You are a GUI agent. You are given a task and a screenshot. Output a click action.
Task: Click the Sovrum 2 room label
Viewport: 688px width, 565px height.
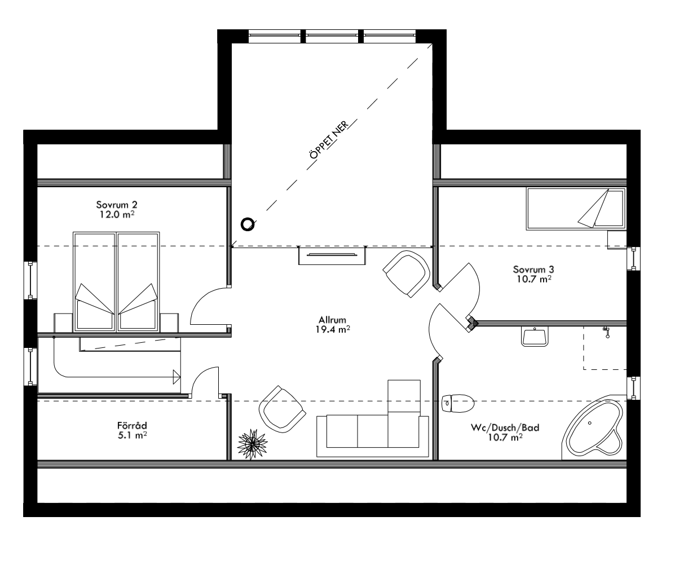(x=117, y=204)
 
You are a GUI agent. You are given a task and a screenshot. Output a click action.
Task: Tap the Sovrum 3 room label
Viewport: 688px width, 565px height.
(x=532, y=269)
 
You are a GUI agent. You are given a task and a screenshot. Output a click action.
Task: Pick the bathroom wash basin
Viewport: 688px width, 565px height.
(x=534, y=337)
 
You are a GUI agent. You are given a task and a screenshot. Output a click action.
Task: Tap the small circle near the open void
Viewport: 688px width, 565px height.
(x=248, y=224)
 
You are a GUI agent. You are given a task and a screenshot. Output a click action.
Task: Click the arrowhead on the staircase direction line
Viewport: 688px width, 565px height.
(x=176, y=375)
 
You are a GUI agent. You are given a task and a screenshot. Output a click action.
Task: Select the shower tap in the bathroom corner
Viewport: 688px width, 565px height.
(x=606, y=332)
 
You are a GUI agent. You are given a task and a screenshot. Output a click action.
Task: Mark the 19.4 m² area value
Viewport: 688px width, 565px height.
(x=335, y=330)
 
